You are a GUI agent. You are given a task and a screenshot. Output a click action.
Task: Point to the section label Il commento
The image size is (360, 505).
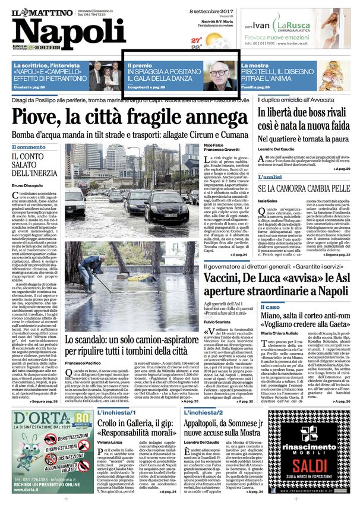coord(29,147)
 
